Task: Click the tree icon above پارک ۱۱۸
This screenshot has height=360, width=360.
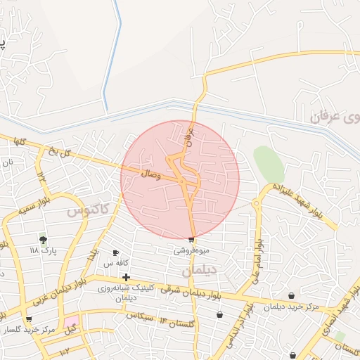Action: coord(44,240)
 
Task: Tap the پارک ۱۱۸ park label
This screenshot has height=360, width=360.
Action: coord(43,250)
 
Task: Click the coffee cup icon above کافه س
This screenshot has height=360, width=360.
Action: coord(116,252)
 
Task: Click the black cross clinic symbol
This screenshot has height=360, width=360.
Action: coord(126,277)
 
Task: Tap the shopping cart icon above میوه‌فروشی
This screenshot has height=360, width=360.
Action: coord(191,240)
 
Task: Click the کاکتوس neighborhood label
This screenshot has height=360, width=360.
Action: coord(87,210)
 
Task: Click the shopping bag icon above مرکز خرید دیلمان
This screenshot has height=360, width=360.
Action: coord(291,296)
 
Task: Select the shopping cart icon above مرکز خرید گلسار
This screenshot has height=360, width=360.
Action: coord(28,319)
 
